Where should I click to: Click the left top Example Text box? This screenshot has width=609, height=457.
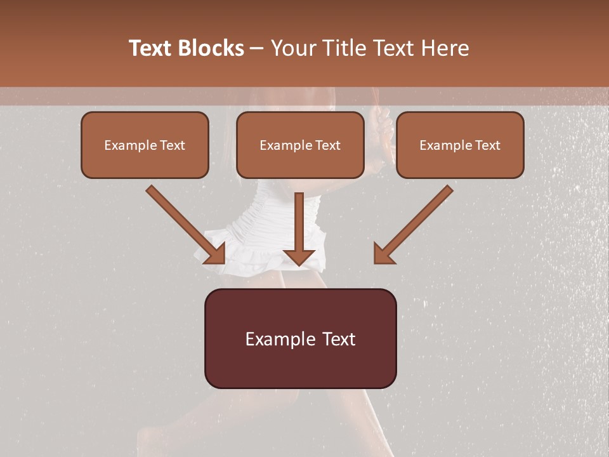(x=145, y=145)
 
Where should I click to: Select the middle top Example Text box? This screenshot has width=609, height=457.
(x=300, y=145)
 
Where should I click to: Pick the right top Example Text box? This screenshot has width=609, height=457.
(x=460, y=145)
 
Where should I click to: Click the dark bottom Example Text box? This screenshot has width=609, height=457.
(x=300, y=339)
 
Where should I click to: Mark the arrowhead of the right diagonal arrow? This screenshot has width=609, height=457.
(x=384, y=253)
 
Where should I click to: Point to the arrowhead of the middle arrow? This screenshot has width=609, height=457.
(x=299, y=255)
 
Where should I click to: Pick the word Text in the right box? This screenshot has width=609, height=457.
(x=487, y=145)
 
